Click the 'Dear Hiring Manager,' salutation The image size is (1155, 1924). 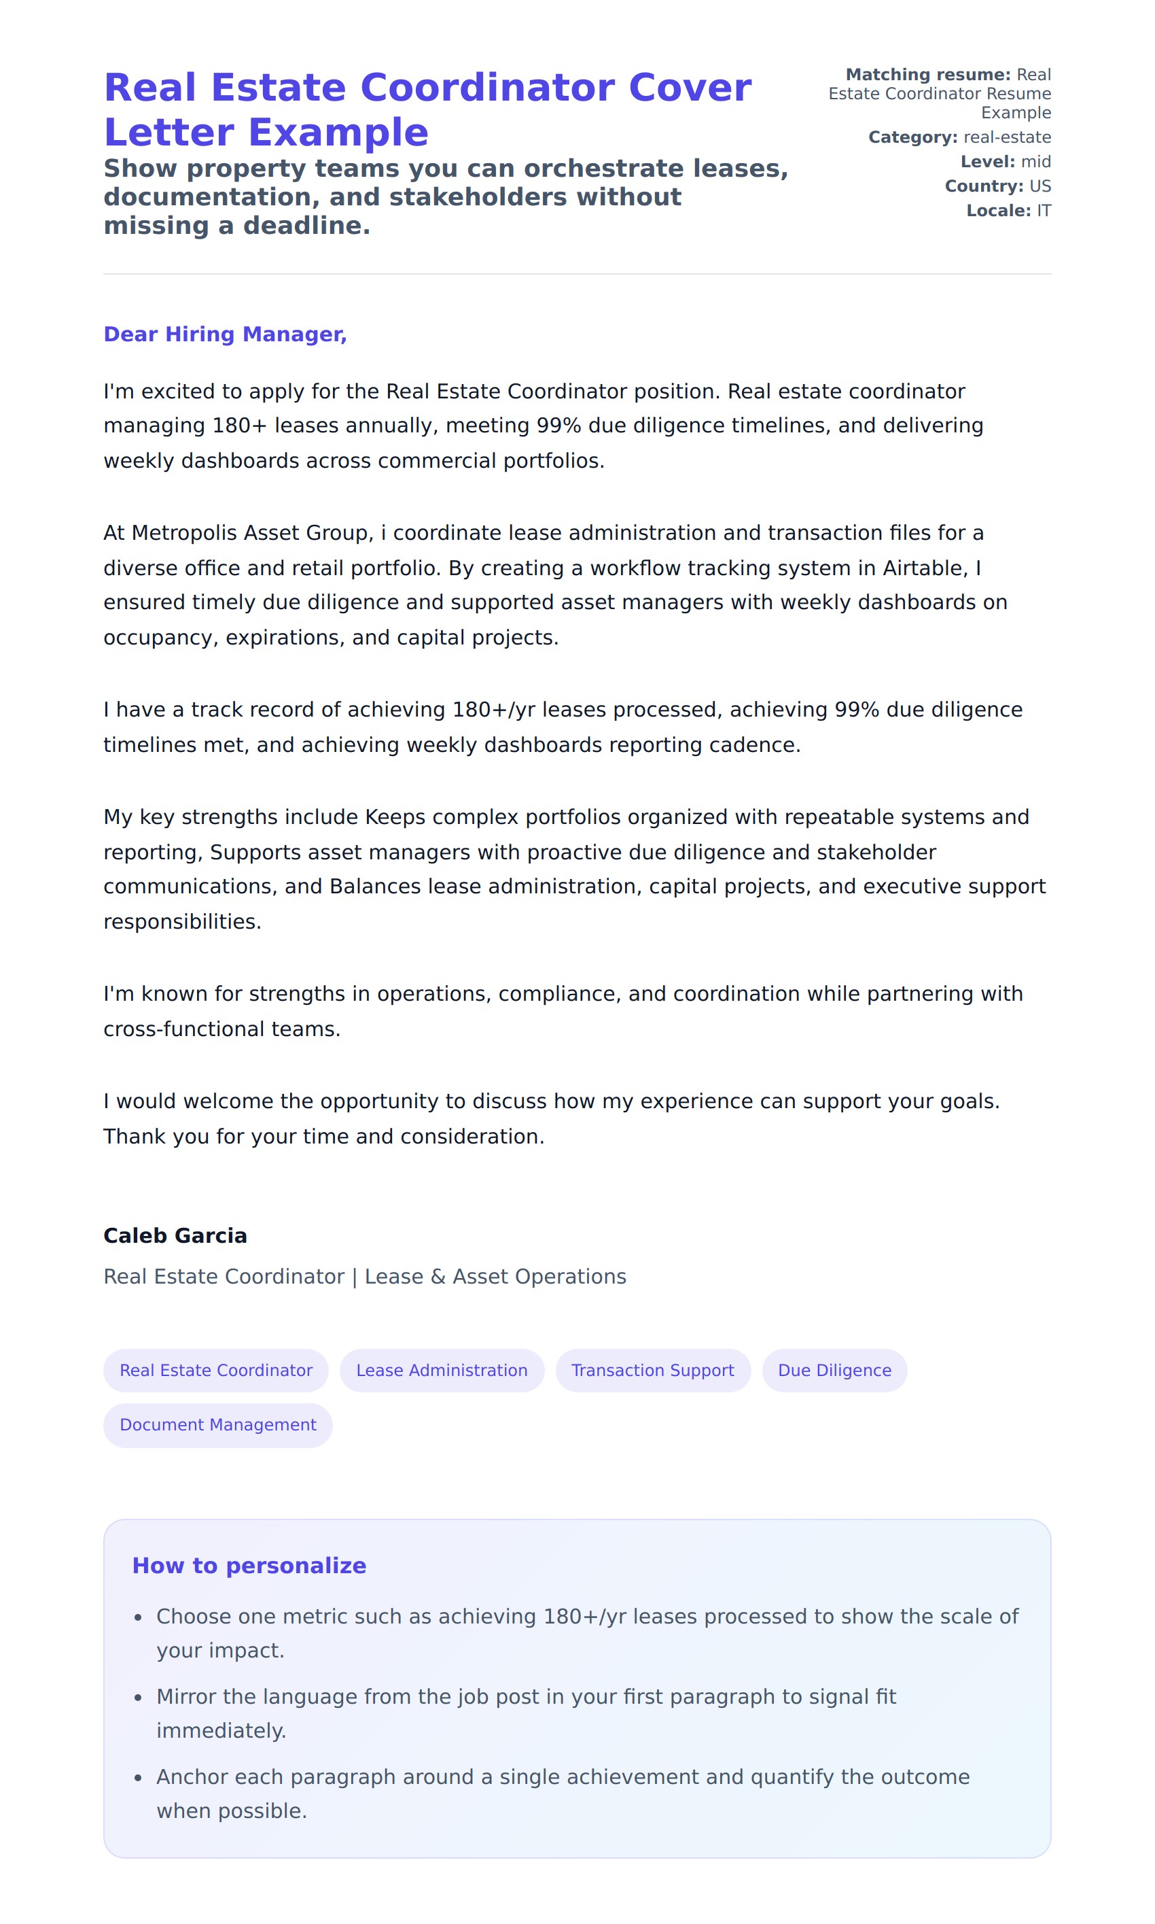[225, 334]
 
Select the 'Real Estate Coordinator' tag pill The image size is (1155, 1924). [215, 1370]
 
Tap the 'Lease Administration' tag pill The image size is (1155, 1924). [442, 1370]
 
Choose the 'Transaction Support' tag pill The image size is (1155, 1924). [652, 1370]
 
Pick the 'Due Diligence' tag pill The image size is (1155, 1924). [834, 1370]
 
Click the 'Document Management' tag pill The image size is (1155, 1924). [218, 1424]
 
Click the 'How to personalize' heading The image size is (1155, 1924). [249, 1565]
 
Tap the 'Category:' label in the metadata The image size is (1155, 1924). [912, 137]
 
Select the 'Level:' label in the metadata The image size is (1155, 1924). [987, 161]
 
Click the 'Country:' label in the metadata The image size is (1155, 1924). [984, 186]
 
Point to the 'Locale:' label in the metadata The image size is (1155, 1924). [998, 210]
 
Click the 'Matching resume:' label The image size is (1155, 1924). [927, 75]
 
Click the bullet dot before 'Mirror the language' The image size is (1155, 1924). [138, 1698]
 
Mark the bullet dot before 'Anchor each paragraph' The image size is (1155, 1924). [138, 1778]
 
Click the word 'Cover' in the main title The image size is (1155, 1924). [689, 87]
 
